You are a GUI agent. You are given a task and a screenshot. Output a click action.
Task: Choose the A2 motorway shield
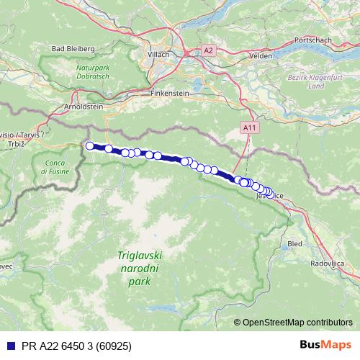(208, 50)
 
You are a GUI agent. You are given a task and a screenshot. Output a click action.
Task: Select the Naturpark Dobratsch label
(93, 71)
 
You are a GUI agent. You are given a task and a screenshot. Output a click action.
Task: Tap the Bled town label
(294, 244)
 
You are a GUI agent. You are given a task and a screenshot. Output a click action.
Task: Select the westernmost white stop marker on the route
(90, 146)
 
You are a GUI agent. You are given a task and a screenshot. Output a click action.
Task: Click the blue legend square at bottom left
(8, 346)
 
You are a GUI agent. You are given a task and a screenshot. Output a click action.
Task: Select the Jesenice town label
(269, 195)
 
